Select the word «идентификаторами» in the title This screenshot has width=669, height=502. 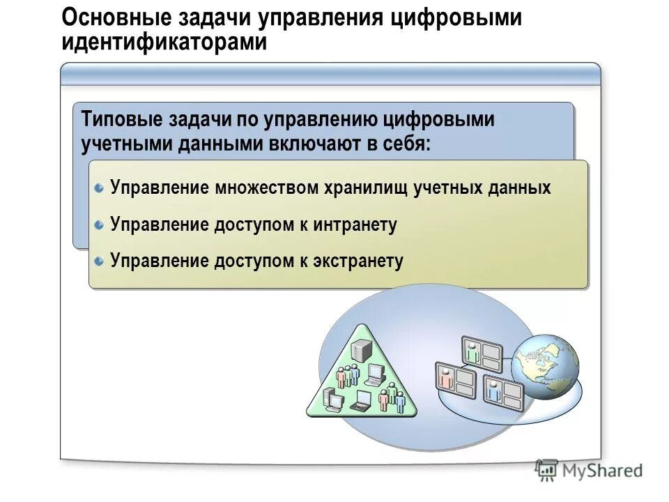(x=164, y=41)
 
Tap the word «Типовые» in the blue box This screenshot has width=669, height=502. (x=121, y=119)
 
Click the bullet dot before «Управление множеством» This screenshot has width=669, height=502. (x=100, y=188)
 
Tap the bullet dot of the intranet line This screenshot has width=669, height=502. (x=100, y=225)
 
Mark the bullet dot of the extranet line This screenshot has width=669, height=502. (x=100, y=261)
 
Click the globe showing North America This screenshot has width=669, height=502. (x=545, y=365)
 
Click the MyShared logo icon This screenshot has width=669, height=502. (x=546, y=470)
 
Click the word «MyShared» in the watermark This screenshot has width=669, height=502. (x=601, y=471)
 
